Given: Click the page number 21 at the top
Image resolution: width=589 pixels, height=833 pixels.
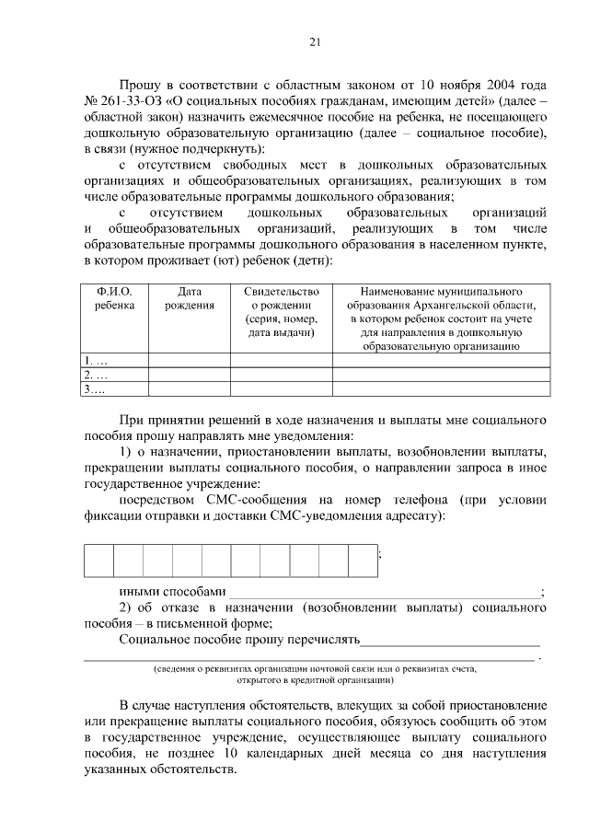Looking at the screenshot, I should tap(314, 42).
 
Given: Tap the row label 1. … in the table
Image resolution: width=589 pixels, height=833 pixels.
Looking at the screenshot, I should tap(96, 361).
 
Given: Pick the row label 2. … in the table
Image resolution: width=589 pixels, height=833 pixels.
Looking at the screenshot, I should tap(96, 375).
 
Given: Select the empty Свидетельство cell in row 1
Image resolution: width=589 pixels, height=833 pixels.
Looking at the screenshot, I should tap(282, 361).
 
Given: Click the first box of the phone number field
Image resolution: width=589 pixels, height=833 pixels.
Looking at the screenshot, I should tap(99, 560).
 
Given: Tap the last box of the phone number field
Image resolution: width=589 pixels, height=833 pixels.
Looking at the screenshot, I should tap(364, 560).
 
